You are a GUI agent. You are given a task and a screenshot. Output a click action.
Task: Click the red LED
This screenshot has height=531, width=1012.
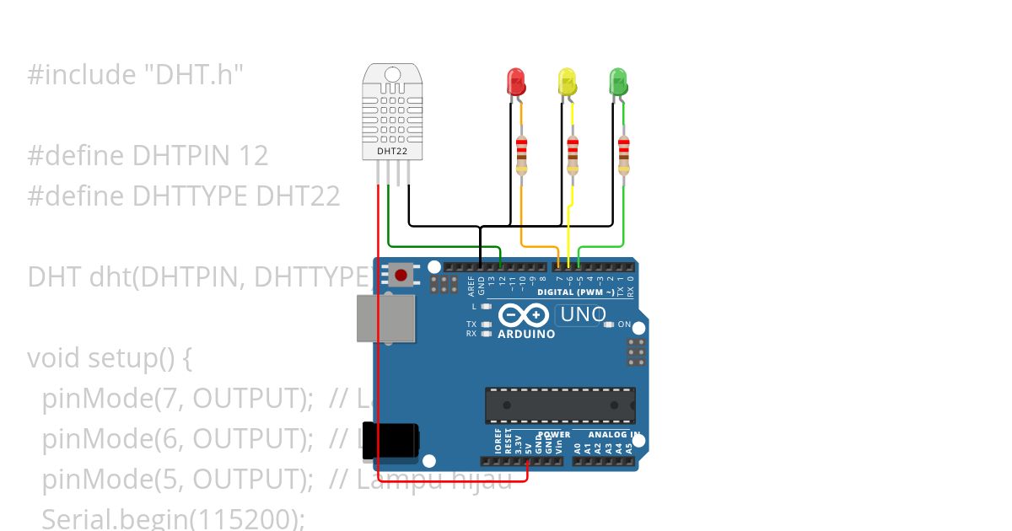click(x=515, y=82)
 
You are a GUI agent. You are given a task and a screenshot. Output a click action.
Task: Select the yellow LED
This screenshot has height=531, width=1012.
click(x=567, y=82)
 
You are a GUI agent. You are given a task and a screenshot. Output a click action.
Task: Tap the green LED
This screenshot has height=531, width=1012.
click(x=618, y=82)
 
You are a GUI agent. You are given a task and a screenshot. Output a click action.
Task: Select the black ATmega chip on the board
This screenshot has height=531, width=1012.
click(x=560, y=405)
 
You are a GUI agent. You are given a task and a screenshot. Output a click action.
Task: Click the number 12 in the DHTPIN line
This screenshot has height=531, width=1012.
click(x=252, y=156)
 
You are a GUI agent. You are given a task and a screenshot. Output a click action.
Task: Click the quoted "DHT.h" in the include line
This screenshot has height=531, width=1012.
click(x=191, y=75)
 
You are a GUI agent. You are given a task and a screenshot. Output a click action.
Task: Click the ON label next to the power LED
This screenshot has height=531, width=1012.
click(x=625, y=324)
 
